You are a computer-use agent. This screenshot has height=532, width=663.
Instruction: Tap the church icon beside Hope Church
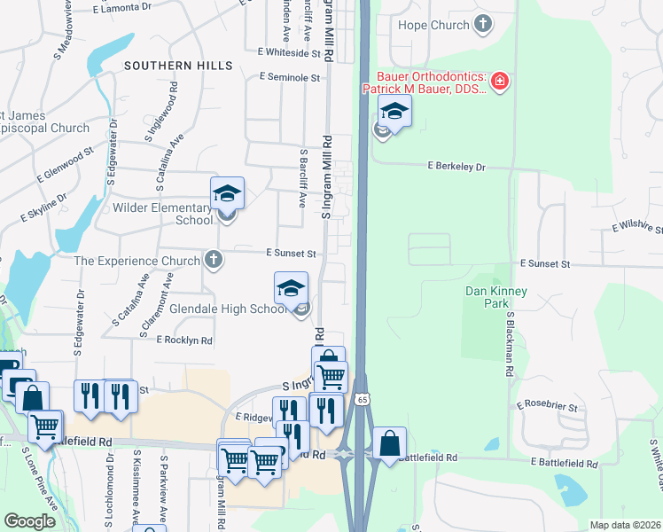click(483, 24)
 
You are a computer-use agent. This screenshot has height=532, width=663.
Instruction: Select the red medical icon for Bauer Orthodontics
click(501, 82)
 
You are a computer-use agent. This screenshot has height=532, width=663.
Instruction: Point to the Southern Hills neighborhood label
click(178, 66)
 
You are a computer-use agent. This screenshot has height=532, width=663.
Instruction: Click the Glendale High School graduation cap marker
click(291, 288)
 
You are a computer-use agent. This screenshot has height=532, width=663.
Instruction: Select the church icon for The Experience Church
click(212, 261)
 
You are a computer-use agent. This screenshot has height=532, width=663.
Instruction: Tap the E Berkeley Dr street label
click(456, 166)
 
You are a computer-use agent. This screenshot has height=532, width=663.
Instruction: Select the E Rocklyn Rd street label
click(184, 340)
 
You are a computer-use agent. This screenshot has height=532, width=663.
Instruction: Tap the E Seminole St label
click(290, 78)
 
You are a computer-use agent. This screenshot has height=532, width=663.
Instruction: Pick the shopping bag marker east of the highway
click(389, 442)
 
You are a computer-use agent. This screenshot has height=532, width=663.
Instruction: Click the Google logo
click(29, 521)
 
